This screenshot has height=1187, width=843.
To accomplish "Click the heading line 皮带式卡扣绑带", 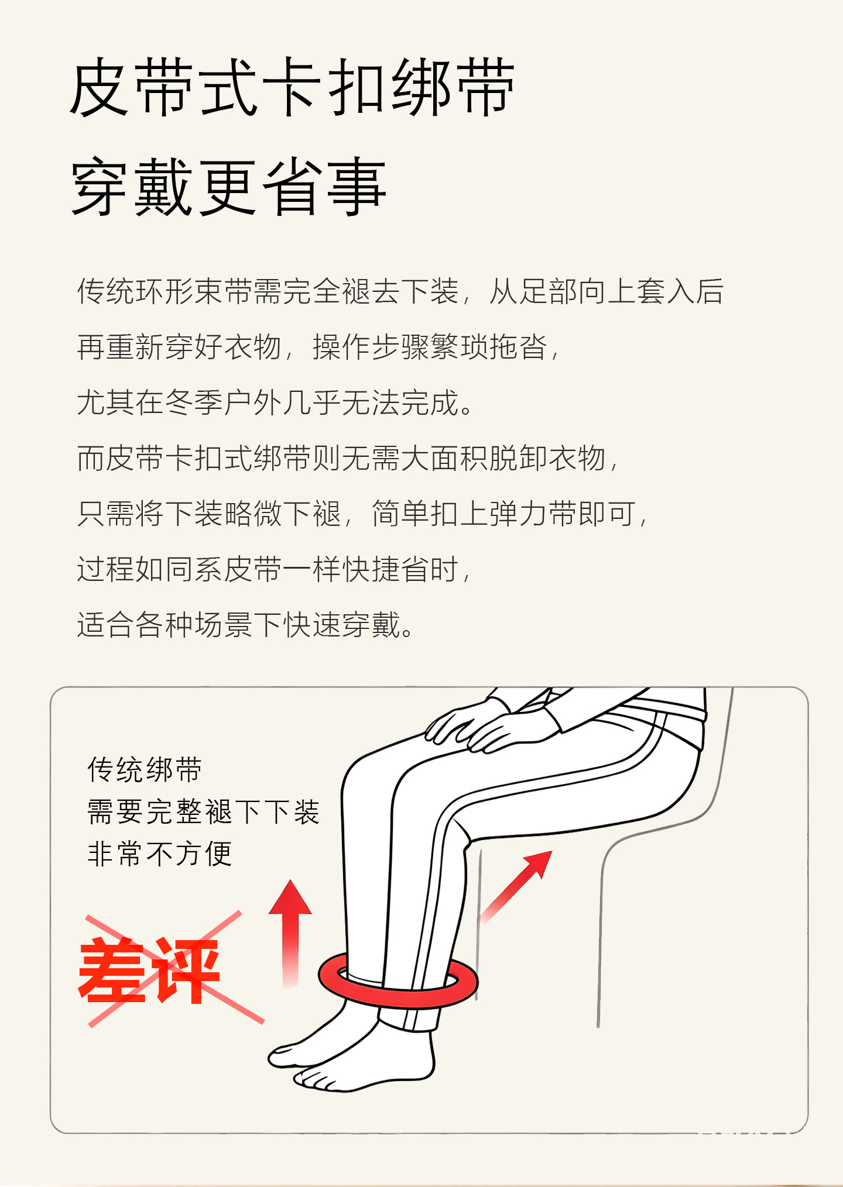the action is (292, 87).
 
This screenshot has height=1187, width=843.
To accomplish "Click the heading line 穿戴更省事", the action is (228, 187).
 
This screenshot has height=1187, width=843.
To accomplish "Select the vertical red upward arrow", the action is (290, 934).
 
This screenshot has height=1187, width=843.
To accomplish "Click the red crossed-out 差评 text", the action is (149, 972).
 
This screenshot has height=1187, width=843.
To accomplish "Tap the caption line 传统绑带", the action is (145, 769).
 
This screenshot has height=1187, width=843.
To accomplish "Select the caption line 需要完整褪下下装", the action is (203, 812).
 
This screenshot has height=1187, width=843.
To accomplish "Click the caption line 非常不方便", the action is (160, 854).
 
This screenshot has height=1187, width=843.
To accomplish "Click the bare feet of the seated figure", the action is (351, 1051).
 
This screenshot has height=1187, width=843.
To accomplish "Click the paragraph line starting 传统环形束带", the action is (400, 291).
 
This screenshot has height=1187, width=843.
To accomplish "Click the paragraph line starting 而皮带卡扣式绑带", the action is (348, 458).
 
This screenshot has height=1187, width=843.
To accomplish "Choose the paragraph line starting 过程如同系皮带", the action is (274, 569).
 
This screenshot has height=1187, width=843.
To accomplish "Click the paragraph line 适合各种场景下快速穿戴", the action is (246, 625).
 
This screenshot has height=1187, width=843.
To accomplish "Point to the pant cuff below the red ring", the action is (409, 1019).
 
